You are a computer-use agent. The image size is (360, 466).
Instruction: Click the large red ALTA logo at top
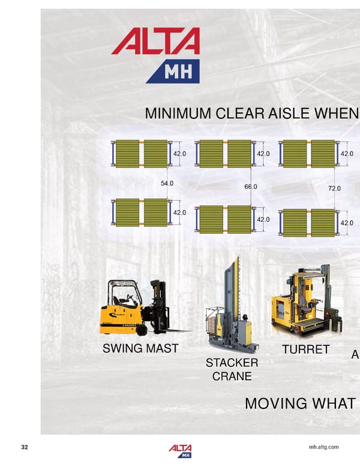(x=155, y=43)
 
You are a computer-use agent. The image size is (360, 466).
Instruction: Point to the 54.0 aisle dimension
(x=167, y=183)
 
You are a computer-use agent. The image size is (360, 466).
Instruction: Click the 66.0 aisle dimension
(x=251, y=187)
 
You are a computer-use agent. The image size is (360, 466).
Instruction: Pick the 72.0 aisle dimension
(x=334, y=189)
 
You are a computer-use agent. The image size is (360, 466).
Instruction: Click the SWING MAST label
(x=140, y=348)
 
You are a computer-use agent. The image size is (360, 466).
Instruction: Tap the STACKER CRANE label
(x=232, y=370)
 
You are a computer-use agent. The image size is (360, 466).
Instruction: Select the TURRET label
(x=305, y=349)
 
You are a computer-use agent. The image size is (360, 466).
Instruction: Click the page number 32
(x=25, y=447)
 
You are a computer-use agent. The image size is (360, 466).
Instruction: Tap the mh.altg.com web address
(x=323, y=447)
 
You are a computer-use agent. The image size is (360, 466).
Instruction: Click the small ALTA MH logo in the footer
(x=181, y=450)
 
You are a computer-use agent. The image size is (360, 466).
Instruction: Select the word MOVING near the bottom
(x=275, y=403)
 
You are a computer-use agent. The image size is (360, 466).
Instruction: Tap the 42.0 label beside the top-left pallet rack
(x=179, y=154)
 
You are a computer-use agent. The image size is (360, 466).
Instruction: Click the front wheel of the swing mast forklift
(x=142, y=330)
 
